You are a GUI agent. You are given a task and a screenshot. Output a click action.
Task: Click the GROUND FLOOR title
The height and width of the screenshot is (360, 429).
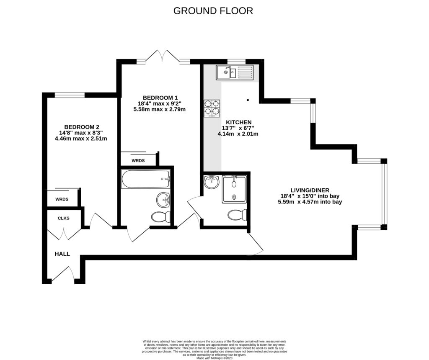(x=213, y=11)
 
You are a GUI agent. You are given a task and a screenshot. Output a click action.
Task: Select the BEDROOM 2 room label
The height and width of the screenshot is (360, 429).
(x=81, y=127)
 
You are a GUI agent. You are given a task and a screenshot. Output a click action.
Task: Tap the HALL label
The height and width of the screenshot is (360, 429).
(x=62, y=254)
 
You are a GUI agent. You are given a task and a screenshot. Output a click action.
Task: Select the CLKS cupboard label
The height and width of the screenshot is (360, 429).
(x=64, y=218)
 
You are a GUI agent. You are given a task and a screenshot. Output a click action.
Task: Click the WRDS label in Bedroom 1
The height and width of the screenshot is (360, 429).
(x=138, y=160)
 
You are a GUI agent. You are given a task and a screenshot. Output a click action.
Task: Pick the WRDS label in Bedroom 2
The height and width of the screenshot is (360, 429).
(x=62, y=199)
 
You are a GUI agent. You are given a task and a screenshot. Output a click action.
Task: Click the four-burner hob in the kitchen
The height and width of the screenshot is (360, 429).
(x=212, y=108)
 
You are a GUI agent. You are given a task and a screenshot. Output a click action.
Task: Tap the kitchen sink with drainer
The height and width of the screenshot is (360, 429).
(x=235, y=73)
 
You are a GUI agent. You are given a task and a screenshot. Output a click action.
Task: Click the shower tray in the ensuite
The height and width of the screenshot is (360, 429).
(x=234, y=189)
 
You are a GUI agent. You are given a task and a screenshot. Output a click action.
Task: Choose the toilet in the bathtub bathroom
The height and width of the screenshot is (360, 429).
(x=161, y=216)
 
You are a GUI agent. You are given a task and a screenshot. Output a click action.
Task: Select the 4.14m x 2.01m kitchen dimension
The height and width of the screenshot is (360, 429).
(x=238, y=134)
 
